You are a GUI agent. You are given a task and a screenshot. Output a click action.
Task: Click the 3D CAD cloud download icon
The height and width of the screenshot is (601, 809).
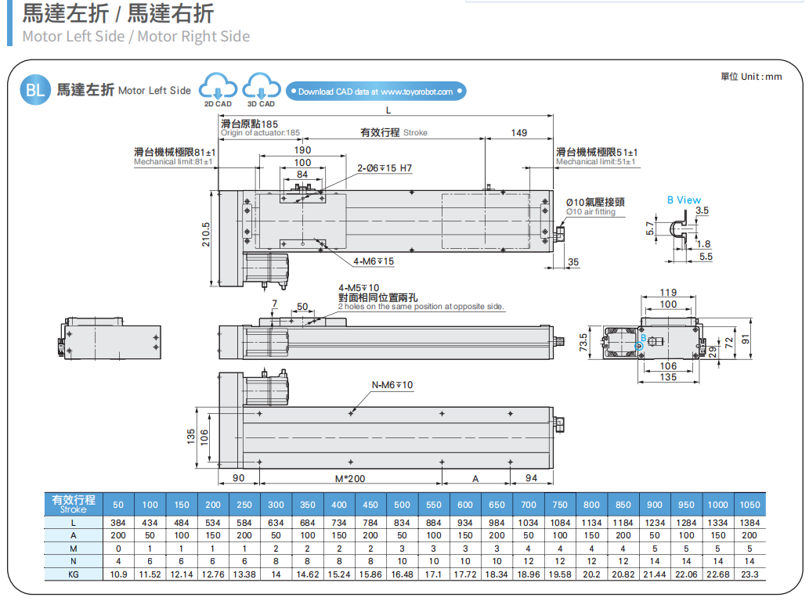(x=261, y=88)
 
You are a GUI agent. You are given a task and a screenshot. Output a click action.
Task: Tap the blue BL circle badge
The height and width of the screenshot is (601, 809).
(x=35, y=90)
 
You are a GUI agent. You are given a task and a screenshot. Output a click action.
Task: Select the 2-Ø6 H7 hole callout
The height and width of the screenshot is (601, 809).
(x=385, y=168)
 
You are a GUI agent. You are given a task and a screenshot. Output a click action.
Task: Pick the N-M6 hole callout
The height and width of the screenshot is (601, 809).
(x=392, y=385)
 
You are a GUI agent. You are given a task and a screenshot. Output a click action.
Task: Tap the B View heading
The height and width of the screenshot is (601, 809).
(x=684, y=200)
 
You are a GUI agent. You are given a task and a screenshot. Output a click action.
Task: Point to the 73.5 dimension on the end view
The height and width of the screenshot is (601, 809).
(x=583, y=343)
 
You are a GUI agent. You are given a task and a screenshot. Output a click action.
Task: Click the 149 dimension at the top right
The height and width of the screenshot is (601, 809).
(x=519, y=133)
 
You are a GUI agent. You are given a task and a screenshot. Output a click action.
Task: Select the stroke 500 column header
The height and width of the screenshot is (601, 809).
(x=402, y=505)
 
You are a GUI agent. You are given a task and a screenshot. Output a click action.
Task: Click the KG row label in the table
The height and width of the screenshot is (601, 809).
(x=74, y=574)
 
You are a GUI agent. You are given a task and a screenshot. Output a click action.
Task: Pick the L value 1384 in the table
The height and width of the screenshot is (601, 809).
(x=749, y=523)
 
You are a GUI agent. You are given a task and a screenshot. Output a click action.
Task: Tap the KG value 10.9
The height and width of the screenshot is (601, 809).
(x=118, y=574)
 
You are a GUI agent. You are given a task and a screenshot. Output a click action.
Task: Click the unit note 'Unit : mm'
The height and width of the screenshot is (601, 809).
(x=751, y=77)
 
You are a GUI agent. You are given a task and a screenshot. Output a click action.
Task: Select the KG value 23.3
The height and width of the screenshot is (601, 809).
(x=749, y=574)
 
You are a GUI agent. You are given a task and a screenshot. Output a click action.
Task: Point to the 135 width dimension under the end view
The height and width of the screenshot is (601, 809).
(x=668, y=377)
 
